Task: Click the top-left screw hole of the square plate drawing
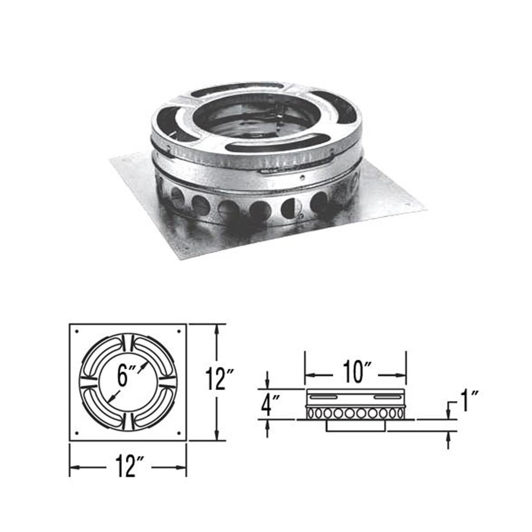pyautogui.click(x=77, y=331)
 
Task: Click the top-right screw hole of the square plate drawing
pyautogui.click(x=179, y=331)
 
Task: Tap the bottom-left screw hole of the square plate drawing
pyautogui.click(x=77, y=433)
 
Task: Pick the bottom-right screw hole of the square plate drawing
pyautogui.click(x=179, y=433)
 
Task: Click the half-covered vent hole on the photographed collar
pyautogui.click(x=288, y=207)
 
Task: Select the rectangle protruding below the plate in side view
pyautogui.click(x=356, y=426)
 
